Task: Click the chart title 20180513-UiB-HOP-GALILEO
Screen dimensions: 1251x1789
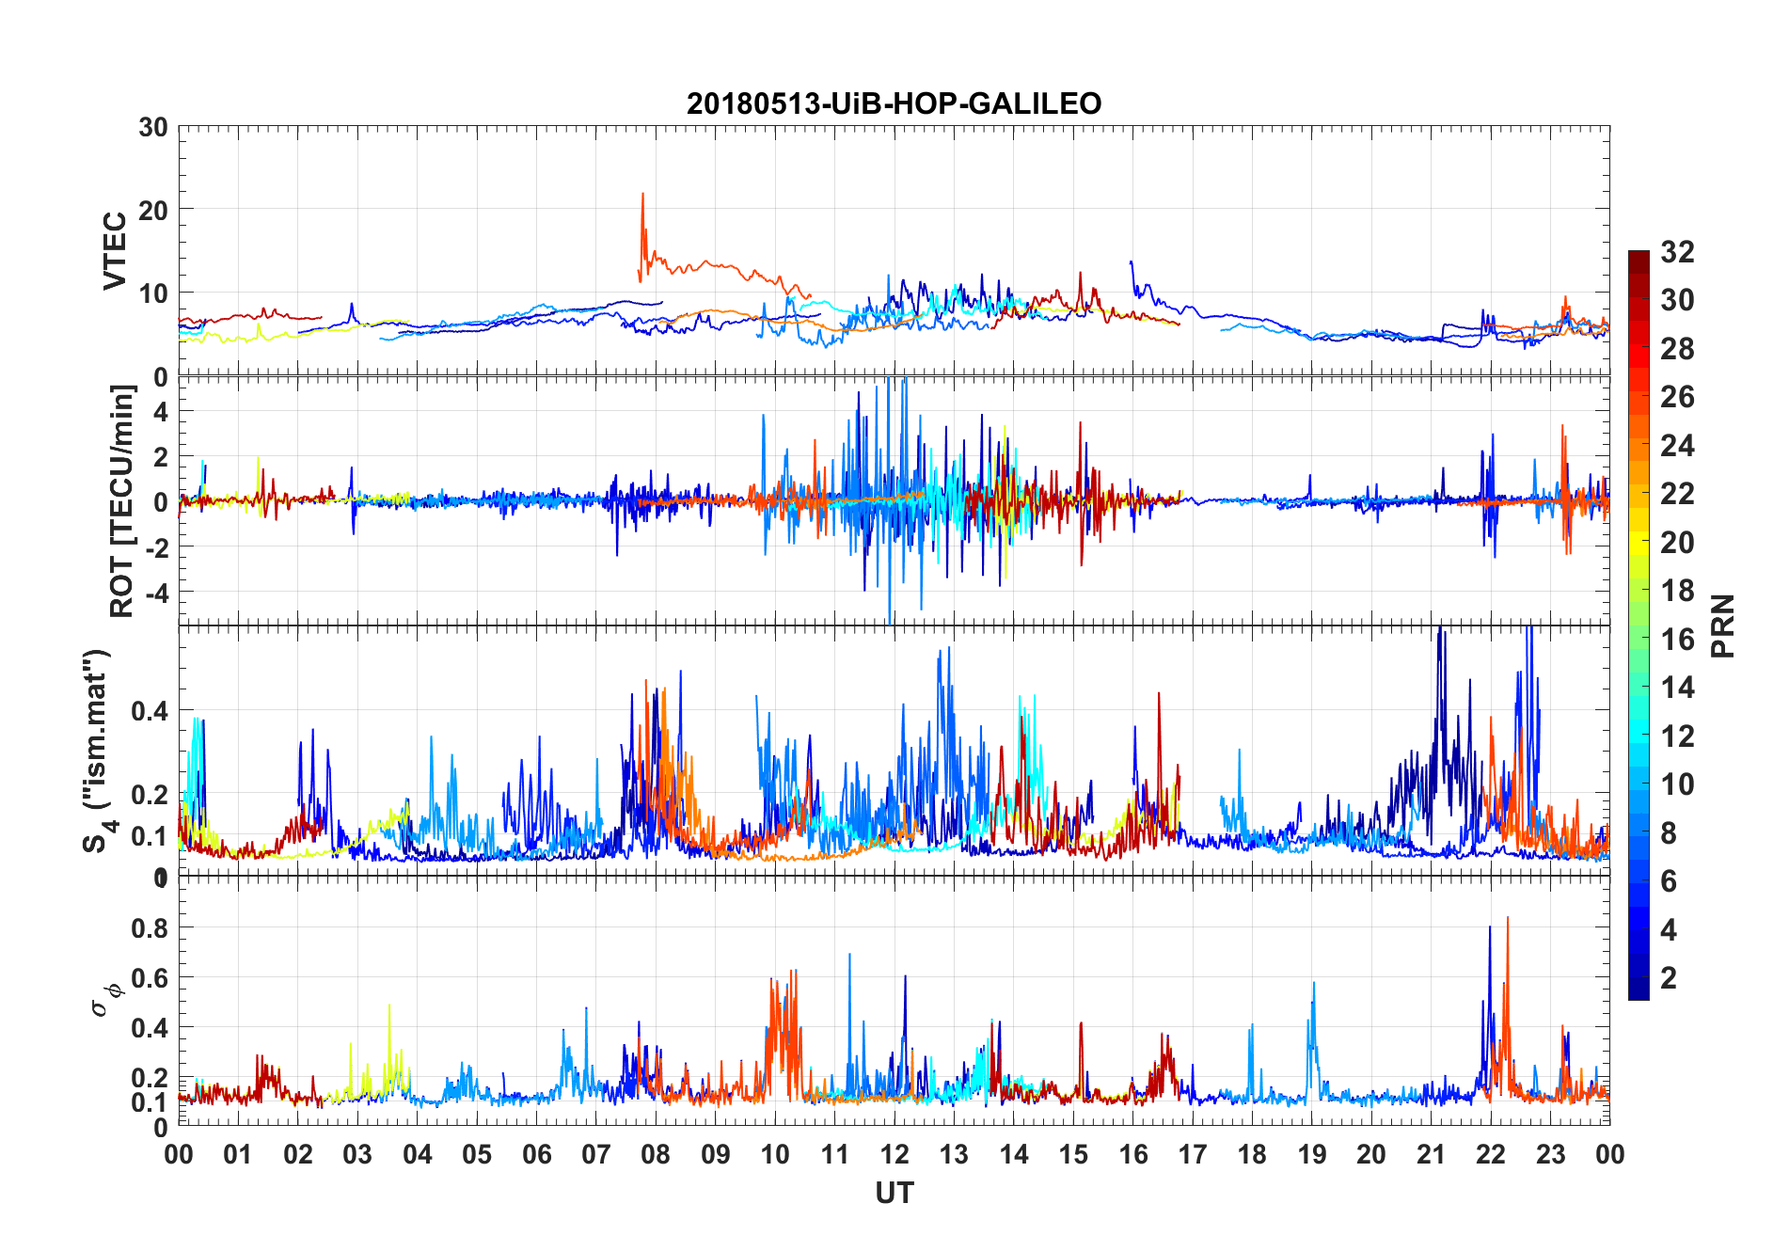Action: pyautogui.click(x=894, y=103)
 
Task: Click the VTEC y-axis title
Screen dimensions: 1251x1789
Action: pyautogui.click(x=115, y=251)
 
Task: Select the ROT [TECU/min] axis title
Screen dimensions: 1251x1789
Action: pyautogui.click(x=122, y=500)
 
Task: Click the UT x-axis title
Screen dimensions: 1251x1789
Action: pyautogui.click(x=894, y=1194)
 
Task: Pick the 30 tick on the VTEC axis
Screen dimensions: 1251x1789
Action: pyautogui.click(x=153, y=128)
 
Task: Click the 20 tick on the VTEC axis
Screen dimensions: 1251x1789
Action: pyautogui.click(x=153, y=210)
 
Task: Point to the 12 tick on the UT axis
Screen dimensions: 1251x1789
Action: pyautogui.click(x=894, y=1155)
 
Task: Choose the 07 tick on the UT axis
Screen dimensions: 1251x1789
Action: pyautogui.click(x=596, y=1155)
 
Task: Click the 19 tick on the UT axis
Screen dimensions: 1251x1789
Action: pyautogui.click(x=1312, y=1155)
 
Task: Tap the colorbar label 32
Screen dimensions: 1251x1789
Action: pyautogui.click(x=1677, y=252)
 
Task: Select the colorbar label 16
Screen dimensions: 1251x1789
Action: pyautogui.click(x=1677, y=640)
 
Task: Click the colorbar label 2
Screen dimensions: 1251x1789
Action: pyautogui.click(x=1669, y=978)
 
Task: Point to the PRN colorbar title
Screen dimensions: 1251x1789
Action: pyautogui.click(x=1723, y=625)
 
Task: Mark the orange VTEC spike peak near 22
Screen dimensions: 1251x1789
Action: pyautogui.click(x=643, y=195)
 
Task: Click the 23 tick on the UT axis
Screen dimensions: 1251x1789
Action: pyautogui.click(x=1550, y=1155)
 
